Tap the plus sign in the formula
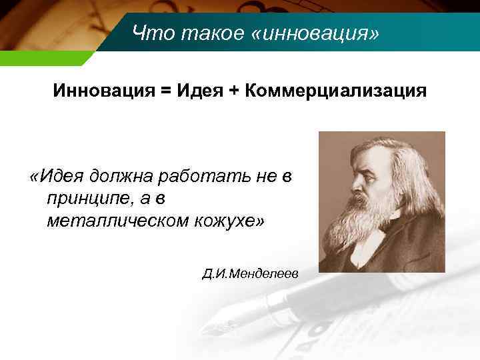(235, 91)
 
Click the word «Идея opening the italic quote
(60, 176)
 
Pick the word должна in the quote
(127, 177)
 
